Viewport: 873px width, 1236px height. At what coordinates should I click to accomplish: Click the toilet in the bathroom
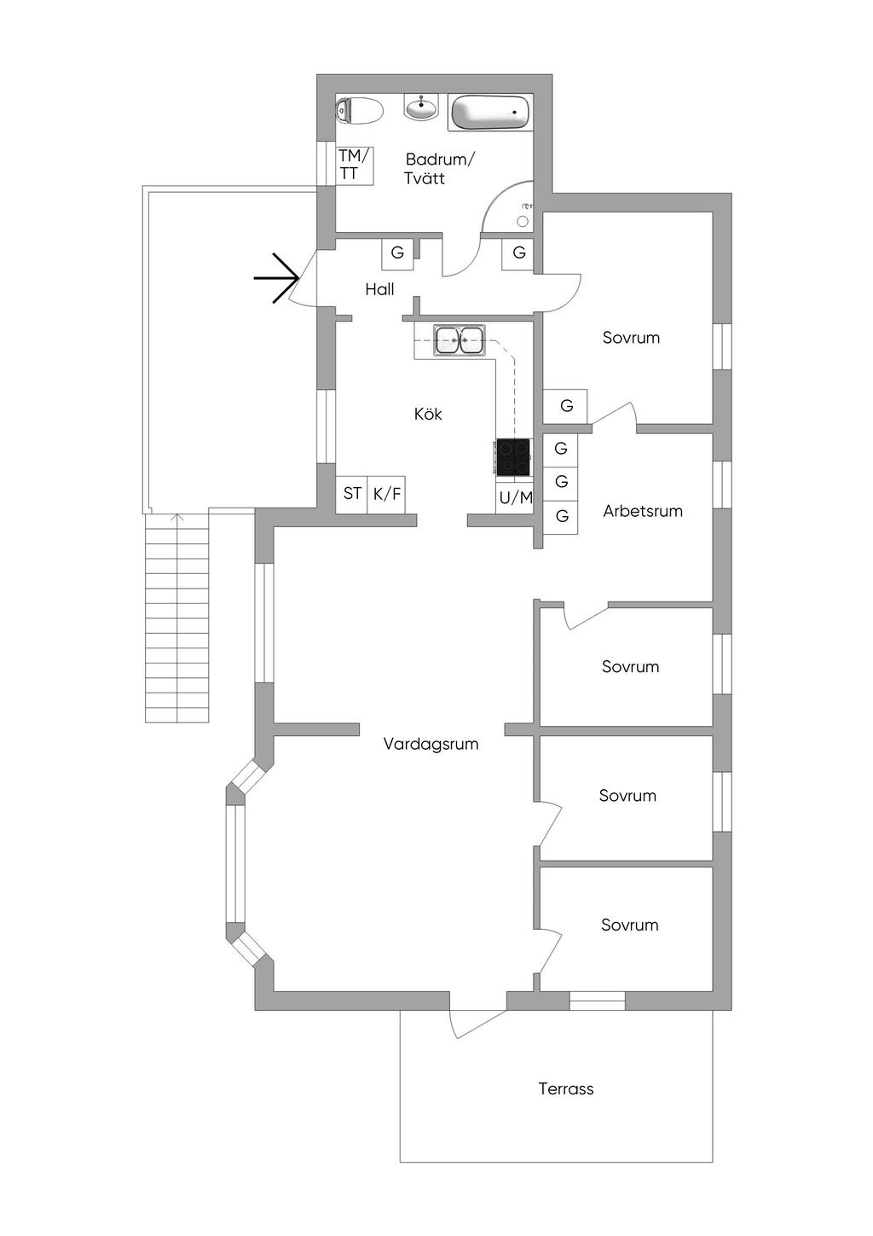pos(359,110)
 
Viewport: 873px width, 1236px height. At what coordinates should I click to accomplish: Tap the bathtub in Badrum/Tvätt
pos(489,112)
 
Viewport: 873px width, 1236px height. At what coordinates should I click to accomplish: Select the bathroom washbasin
pos(420,108)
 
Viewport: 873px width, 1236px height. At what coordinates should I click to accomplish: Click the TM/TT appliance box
pos(355,165)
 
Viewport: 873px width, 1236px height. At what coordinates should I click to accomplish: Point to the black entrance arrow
pos(277,278)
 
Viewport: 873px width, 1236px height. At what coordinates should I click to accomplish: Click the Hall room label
pos(379,289)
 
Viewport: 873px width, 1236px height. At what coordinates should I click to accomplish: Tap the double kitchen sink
pos(459,340)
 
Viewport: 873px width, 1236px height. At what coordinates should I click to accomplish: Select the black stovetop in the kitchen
pos(513,456)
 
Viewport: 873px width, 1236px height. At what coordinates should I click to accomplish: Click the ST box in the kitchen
pos(352,494)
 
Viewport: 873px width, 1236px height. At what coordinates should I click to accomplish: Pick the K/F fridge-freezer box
pos(387,494)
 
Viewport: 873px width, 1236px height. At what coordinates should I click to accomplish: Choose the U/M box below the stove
pos(515,498)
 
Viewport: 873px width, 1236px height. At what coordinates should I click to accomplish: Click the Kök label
pos(428,414)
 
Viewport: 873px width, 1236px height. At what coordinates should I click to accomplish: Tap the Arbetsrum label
pos(643,511)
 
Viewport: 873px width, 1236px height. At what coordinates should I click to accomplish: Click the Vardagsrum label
pos(431,744)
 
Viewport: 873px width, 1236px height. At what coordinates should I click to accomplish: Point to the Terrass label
pos(566,1088)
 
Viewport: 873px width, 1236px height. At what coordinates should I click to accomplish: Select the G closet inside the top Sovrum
pos(566,406)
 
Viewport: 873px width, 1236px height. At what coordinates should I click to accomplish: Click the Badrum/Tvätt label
pos(437,168)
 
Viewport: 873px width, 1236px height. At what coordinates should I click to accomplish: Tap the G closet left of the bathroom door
pos(397,253)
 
